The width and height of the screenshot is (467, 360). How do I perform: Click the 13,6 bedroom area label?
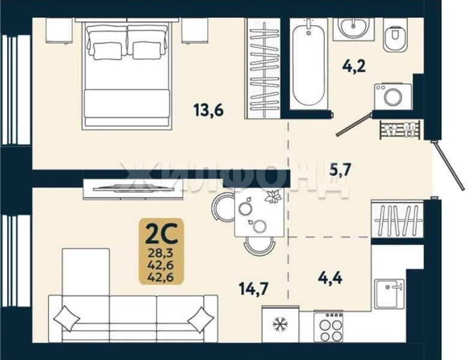pos(208,110)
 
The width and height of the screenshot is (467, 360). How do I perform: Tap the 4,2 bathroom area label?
pos(354,67)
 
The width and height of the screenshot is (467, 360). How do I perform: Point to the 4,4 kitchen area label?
pos(330,278)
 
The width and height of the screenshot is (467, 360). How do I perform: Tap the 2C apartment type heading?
pos(161,233)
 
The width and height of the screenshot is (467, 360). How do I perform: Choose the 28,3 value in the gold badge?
pos(161,254)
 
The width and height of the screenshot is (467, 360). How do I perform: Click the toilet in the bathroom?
pos(394,35)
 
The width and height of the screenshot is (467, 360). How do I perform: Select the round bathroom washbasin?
pos(353,28)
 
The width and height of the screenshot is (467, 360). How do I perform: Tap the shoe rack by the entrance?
pos(400,130)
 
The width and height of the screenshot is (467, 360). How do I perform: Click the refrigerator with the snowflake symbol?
pos(280,324)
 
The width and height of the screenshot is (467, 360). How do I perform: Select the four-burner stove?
pos(328,326)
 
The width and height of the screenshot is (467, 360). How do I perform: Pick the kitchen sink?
pos(389,294)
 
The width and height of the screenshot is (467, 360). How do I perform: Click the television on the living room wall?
pos(133,188)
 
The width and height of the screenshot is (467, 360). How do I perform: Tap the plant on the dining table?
pos(273,197)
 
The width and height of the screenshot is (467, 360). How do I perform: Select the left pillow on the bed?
pos(108,51)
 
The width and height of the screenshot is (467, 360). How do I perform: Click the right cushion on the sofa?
pos(200,320)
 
